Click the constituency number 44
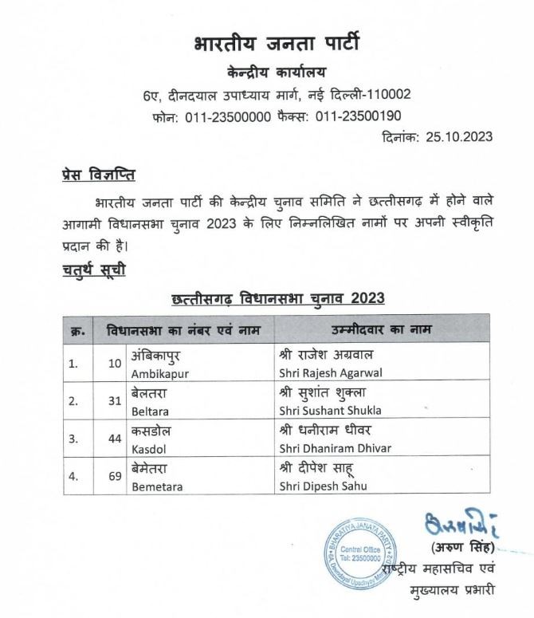pyautogui.click(x=113, y=438)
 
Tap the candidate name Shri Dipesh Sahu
pyautogui.click(x=319, y=484)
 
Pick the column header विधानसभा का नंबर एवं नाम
pyautogui.click(x=175, y=329)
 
